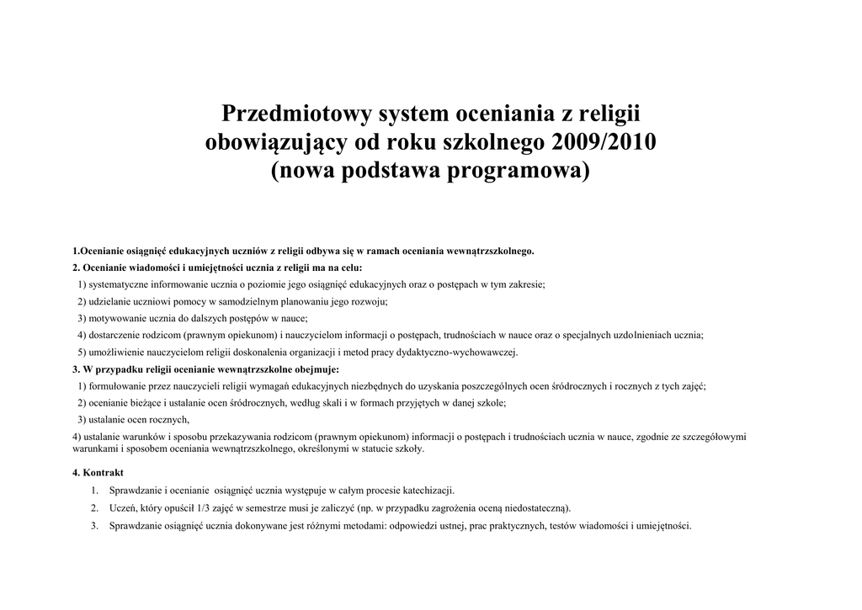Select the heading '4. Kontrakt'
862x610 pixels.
click(x=98, y=473)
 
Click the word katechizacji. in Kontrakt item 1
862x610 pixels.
click(x=429, y=490)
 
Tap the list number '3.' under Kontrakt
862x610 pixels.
click(x=94, y=526)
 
